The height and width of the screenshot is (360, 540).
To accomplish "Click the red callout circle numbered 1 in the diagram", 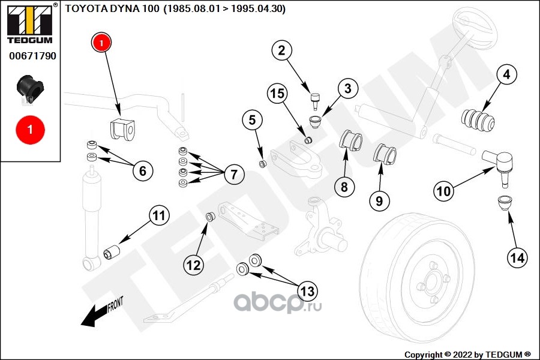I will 101,43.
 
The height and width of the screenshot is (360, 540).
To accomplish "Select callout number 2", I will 281,50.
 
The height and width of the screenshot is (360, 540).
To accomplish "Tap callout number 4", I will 506,75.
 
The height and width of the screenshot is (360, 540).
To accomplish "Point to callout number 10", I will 443,191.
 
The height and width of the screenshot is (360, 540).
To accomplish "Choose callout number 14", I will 517,258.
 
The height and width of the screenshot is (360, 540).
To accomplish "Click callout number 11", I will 158,215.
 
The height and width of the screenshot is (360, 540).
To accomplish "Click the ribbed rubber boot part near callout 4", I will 478,119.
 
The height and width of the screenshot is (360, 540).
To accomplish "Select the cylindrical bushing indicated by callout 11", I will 112,251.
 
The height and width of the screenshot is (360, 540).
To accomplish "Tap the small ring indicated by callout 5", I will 262,164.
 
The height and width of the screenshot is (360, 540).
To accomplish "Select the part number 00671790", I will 32,56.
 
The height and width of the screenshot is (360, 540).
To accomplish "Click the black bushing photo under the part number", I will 28,88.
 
